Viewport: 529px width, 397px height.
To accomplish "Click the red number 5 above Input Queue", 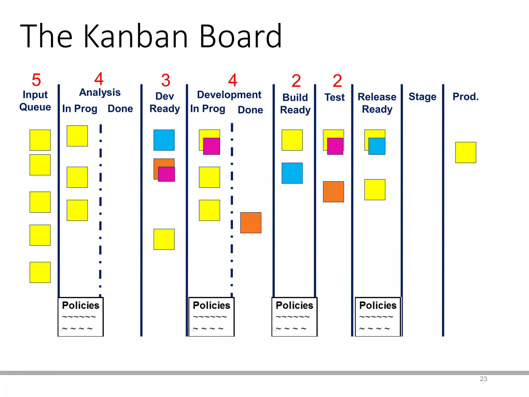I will coord(36,80).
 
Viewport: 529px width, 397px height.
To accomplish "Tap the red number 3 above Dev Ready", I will coord(166,80).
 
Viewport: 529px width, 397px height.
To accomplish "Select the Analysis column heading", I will coord(100,92).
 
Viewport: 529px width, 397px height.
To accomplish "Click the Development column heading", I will coord(229,95).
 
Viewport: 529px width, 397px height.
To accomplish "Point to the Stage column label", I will coord(422,97).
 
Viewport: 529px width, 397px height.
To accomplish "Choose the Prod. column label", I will coord(465,97).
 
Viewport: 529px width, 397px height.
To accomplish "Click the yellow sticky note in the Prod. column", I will coord(465,152).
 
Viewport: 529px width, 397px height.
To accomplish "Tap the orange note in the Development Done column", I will coord(251,223).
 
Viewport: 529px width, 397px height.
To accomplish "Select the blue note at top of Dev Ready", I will coord(164,140).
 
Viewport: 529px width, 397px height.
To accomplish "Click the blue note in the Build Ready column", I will coord(292,173).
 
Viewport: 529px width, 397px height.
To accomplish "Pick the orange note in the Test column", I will coord(333,192).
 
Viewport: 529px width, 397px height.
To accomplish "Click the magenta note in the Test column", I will coord(335,147).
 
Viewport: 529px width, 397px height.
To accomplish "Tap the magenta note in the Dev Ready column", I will coord(167,174).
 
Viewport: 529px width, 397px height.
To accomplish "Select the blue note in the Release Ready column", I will coord(377,147).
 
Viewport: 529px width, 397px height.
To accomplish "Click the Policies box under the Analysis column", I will coord(81,317).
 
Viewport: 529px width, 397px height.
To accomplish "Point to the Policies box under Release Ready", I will coord(378,317).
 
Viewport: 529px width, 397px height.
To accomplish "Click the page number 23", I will coord(483,379).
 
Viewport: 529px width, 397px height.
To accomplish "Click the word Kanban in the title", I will coord(136,36).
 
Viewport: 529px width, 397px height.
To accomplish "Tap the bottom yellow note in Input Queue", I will coord(40,272).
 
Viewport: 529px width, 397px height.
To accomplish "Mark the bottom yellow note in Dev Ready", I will coord(164,239).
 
